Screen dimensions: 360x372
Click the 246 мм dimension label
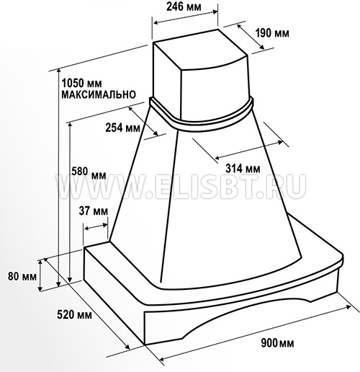pos(184,7)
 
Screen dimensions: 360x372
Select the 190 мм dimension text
pos(272,33)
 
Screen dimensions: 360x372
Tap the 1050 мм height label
pos(81,84)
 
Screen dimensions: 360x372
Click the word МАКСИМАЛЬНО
pos(99,94)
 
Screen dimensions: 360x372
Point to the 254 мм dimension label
pos(123,128)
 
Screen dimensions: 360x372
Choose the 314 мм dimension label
pos(243,169)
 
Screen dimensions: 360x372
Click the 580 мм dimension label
pos(89,174)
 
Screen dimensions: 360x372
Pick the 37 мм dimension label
pos(94,211)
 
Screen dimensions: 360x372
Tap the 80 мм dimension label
pos(22,276)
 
